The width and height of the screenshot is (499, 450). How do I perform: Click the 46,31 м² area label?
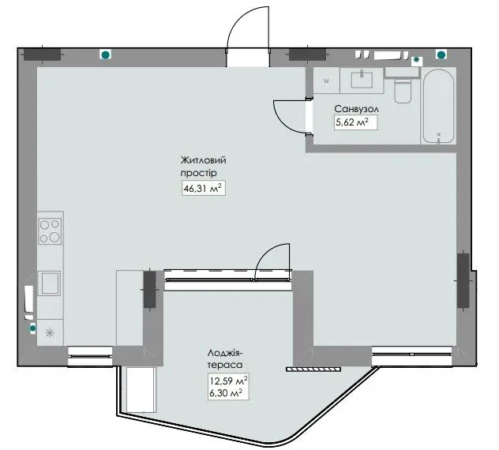click(204, 189)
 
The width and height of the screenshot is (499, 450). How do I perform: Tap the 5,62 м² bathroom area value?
click(352, 122)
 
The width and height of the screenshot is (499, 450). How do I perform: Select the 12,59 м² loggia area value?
click(228, 380)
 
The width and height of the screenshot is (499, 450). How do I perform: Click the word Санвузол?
click(356, 109)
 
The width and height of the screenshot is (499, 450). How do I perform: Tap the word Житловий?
click(204, 159)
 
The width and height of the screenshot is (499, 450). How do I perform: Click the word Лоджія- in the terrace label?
click(227, 353)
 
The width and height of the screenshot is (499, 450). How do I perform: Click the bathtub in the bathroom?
click(438, 106)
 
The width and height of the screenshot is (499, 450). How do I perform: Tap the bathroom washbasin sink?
click(362, 80)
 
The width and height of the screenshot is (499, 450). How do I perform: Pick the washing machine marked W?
click(326, 81)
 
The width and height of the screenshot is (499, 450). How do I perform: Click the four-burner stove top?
click(50, 231)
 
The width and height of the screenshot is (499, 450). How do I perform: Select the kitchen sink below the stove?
click(49, 283)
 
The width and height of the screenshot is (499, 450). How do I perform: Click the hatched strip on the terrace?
click(313, 369)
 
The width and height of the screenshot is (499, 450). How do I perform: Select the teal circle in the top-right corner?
click(441, 54)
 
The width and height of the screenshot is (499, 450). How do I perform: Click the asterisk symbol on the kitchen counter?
click(50, 333)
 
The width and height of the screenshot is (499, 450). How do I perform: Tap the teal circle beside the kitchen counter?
click(32, 328)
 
